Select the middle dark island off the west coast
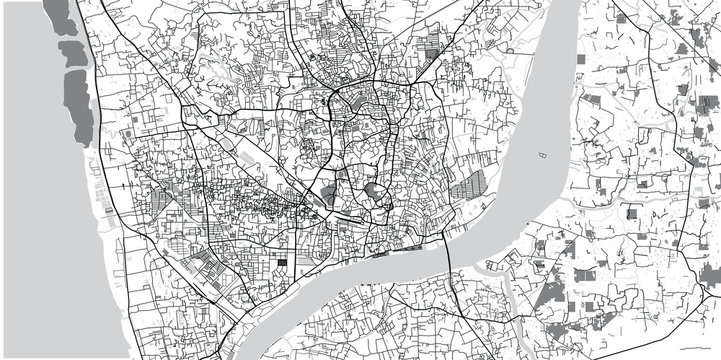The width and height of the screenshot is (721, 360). [72, 55]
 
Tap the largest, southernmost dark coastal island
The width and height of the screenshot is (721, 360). [80, 104]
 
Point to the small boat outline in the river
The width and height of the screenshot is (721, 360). [545, 156]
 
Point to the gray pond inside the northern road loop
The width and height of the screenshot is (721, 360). [338, 99]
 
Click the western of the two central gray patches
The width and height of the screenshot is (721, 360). [329, 195]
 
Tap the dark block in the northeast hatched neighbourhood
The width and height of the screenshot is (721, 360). [433, 45]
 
